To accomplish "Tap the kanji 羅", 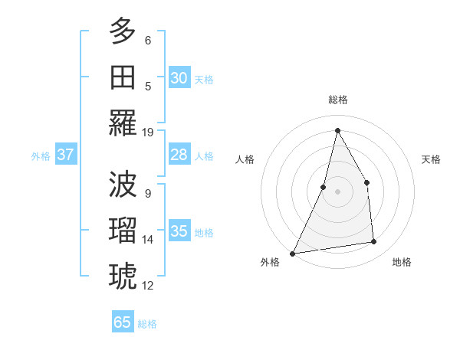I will [123, 123].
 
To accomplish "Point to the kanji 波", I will [123, 183].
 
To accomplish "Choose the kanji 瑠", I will [123, 229].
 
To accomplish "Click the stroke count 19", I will [148, 133].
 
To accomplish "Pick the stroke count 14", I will [148, 240].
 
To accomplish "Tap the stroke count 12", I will [148, 286].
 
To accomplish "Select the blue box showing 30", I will [179, 78].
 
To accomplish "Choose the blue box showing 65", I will [123, 322].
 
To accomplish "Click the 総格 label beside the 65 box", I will [147, 324].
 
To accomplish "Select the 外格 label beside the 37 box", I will [41, 156].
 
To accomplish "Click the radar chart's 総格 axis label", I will [337, 100].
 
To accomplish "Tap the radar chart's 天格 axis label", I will [432, 159].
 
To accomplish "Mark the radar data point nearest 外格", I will [293, 253].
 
